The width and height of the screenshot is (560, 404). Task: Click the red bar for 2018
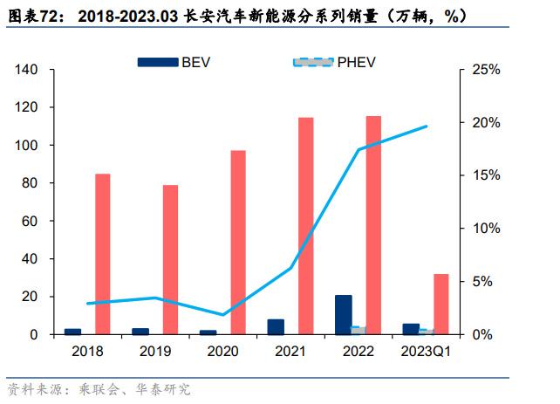(102, 254)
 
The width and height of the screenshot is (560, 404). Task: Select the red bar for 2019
(170, 260)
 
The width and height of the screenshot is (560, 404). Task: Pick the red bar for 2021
(306, 226)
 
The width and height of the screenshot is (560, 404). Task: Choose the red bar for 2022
(373, 225)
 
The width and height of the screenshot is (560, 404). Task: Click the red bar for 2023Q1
(441, 304)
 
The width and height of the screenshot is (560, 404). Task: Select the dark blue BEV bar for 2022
(344, 315)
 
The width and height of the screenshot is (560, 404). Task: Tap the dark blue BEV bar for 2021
(276, 327)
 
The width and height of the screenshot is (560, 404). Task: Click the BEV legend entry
(174, 62)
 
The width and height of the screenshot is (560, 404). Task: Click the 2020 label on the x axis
(222, 352)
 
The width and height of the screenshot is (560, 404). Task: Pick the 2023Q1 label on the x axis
(425, 352)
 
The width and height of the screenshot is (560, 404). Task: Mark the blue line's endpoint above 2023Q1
(427, 127)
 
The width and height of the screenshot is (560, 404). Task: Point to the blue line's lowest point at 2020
(223, 315)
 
